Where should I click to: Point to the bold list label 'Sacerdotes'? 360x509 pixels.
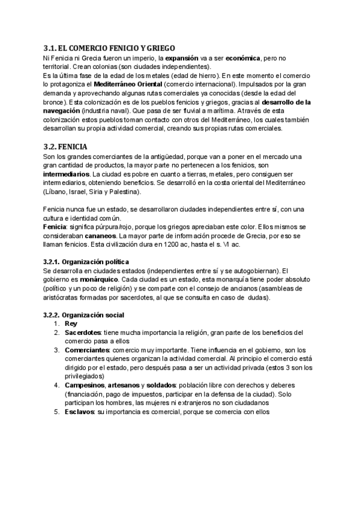tap(83, 333)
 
